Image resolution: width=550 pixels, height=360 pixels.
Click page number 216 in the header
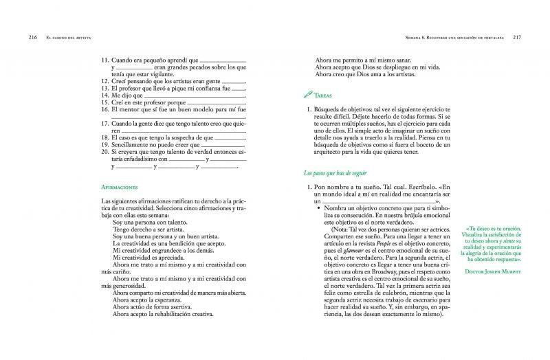33,36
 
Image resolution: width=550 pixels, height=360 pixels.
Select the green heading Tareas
327,96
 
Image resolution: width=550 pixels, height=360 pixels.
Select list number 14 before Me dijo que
105,95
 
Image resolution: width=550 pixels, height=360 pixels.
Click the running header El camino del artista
69,36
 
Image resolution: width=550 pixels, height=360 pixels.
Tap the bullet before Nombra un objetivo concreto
320,207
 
